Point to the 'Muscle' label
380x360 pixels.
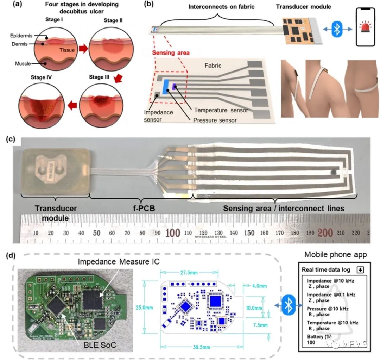click(23, 63)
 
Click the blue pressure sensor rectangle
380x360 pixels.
click(164, 87)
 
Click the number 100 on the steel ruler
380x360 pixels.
click(173, 233)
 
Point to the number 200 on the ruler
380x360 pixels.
click(325, 233)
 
